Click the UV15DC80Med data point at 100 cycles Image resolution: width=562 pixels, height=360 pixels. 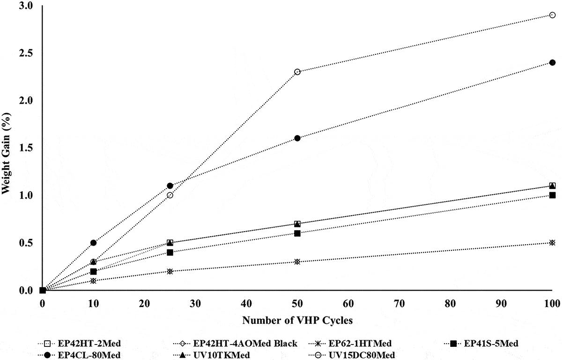click(x=552, y=15)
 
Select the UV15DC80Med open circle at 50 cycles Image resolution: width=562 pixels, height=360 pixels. click(x=297, y=72)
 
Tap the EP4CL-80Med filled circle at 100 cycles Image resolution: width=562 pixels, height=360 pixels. click(x=552, y=62)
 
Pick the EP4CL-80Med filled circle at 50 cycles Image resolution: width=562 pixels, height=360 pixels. click(x=297, y=138)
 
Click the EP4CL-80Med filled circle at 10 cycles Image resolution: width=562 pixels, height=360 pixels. click(x=93, y=243)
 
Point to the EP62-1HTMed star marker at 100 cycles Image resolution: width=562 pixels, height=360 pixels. click(x=552, y=243)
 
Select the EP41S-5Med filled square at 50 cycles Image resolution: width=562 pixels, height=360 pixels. click(x=297, y=233)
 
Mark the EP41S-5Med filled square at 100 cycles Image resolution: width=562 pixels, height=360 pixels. click(x=552, y=195)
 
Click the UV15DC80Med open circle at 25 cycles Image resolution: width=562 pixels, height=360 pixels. click(x=170, y=195)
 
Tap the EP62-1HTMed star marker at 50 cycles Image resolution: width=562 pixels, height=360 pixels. click(x=297, y=262)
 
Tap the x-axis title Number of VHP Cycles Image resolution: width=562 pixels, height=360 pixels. click(x=297, y=321)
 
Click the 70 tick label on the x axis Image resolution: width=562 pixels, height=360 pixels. click(x=348, y=303)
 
